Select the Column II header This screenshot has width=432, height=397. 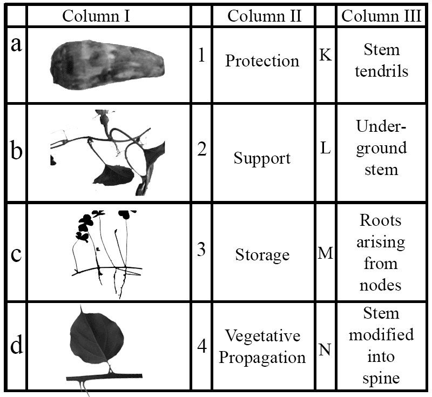pyautogui.click(x=263, y=16)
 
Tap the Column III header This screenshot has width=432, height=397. pyautogui.click(x=381, y=16)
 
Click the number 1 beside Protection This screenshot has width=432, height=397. pyautogui.click(x=201, y=56)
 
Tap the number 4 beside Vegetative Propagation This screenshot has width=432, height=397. pyautogui.click(x=201, y=346)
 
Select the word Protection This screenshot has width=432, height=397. pyautogui.click(x=262, y=60)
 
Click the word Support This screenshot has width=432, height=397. pyautogui.click(x=262, y=158)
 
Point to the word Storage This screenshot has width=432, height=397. pyautogui.click(x=262, y=254)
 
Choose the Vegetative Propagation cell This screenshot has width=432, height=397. pyautogui.click(x=262, y=346)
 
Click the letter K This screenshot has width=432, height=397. pyautogui.click(x=326, y=56)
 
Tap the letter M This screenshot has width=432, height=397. pyautogui.click(x=326, y=252)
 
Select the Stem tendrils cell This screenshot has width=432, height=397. pyautogui.click(x=381, y=60)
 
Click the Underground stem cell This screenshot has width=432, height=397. pyautogui.click(x=381, y=148)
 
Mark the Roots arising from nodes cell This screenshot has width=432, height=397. pyautogui.click(x=381, y=253)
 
